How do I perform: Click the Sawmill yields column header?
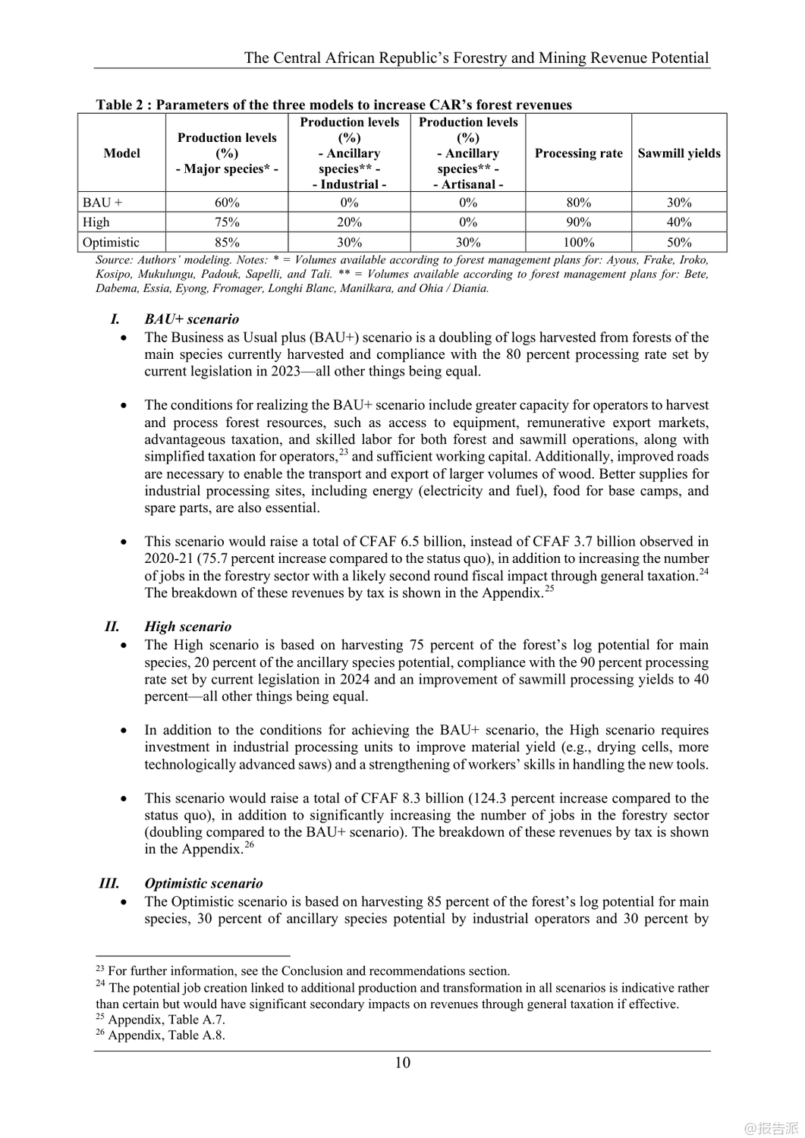[679, 153]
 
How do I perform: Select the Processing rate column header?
[578, 153]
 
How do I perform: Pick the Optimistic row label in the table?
[111, 243]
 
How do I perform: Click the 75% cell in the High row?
[227, 222]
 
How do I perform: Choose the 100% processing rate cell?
[578, 243]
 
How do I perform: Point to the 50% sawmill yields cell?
[679, 243]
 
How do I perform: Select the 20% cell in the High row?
[349, 222]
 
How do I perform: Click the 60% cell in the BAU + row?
[227, 203]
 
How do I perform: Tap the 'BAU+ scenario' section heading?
[191, 319]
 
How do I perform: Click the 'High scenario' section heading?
[187, 627]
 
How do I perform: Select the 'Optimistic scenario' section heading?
[203, 883]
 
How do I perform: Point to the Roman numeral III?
[109, 883]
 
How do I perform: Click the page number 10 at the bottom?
[402, 1062]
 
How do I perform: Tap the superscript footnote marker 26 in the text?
[249, 844]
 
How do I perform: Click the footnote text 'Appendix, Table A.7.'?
[166, 1020]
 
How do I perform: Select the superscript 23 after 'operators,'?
[343, 452]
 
